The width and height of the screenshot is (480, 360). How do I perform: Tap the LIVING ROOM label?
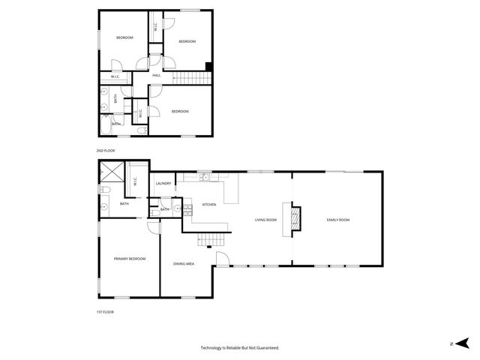[265, 220]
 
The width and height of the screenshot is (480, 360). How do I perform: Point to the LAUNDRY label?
[163, 184]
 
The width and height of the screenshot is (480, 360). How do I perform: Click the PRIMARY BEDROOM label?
[129, 259]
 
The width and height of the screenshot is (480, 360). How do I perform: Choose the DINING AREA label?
[184, 264]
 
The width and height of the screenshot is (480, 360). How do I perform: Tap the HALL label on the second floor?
[157, 76]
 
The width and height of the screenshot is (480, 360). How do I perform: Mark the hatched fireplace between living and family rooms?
[296, 218]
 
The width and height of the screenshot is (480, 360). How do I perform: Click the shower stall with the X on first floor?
[112, 175]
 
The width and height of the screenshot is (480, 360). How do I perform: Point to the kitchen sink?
[205, 178]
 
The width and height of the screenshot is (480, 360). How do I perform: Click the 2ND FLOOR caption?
[106, 151]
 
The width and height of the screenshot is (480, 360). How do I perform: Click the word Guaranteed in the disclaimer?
[265, 348]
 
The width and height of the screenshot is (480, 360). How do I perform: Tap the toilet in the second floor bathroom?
[142, 131]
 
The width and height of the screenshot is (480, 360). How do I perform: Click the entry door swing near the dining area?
[223, 259]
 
